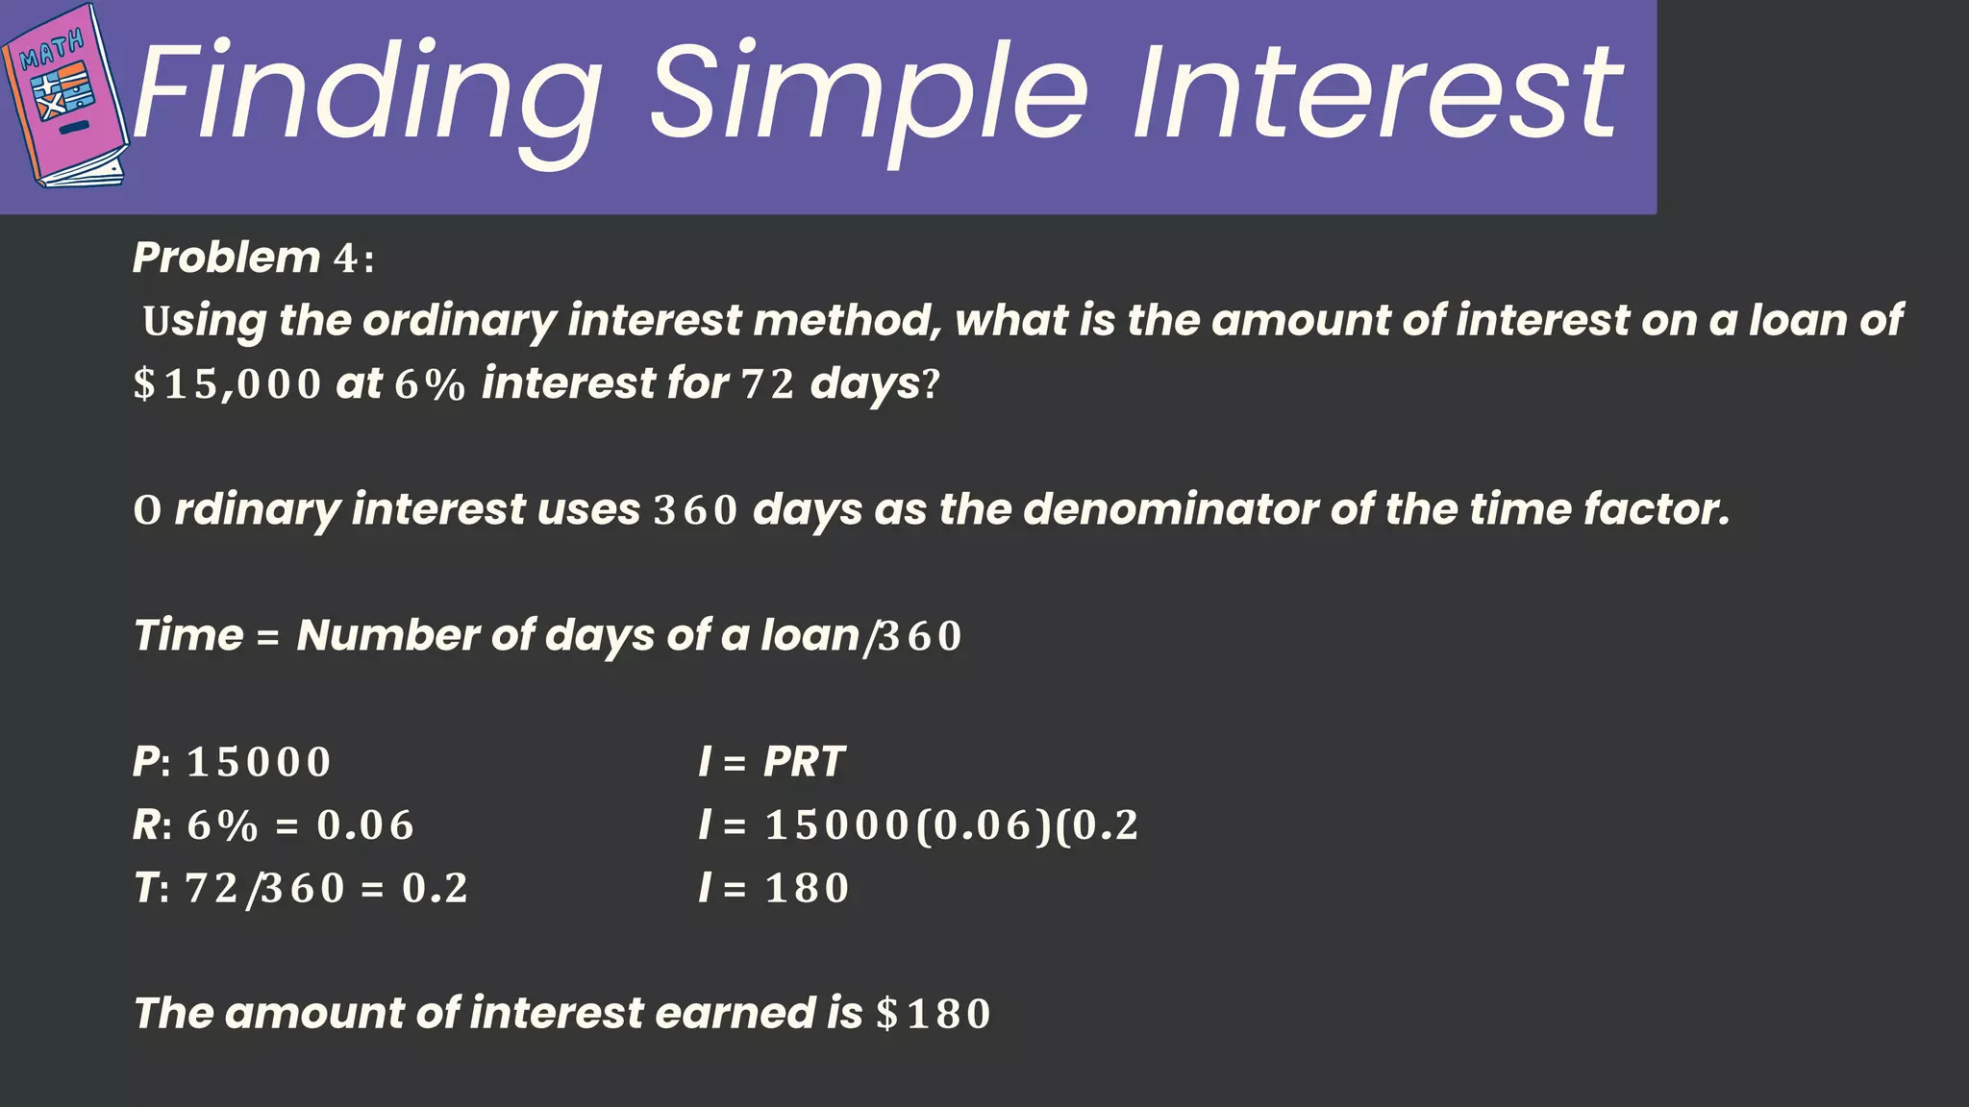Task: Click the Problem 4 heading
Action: click(253, 258)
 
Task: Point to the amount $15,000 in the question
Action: click(227, 384)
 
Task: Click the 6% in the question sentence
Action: click(429, 384)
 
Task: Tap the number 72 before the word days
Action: click(767, 384)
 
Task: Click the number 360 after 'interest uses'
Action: click(695, 510)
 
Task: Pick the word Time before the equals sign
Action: click(188, 635)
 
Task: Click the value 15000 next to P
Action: click(259, 763)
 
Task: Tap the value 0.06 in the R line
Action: click(365, 825)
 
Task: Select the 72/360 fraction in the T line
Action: click(264, 889)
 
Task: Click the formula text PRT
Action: click(803, 762)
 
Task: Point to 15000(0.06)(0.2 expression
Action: click(951, 825)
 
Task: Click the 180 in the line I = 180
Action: click(807, 889)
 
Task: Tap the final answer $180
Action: click(933, 1014)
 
